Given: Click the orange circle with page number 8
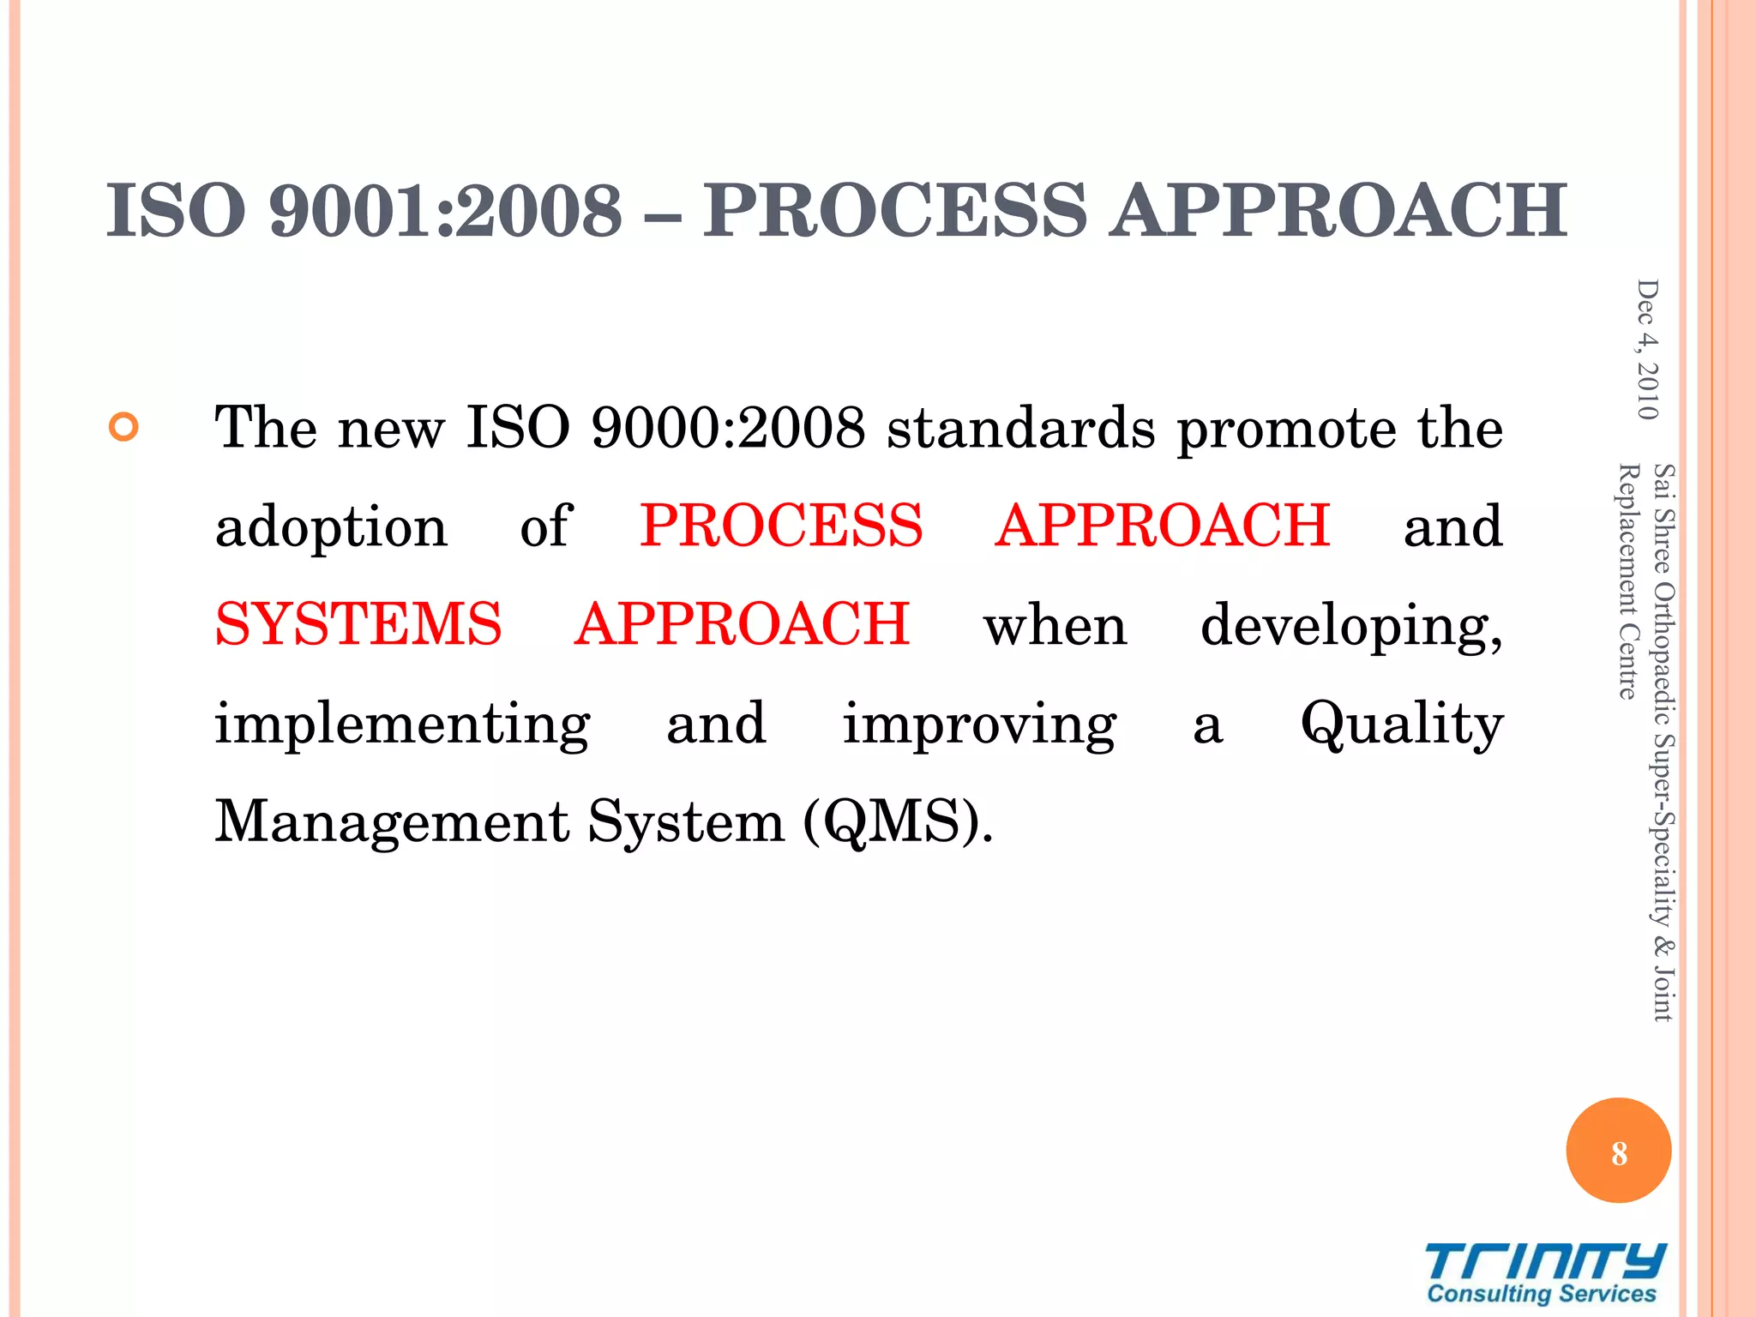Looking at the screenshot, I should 1618,1151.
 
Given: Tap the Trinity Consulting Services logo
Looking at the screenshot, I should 1543,1273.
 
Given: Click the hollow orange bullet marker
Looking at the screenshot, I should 124,426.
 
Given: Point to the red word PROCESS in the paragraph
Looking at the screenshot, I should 781,525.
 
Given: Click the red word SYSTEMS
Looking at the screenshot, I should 358,623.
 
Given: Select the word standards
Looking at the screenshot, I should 1020,426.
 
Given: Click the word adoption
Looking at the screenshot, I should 331,526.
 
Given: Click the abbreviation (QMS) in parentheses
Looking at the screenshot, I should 898,821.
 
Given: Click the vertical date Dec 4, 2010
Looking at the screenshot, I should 1647,349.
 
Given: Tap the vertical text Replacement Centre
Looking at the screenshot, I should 1627,581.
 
